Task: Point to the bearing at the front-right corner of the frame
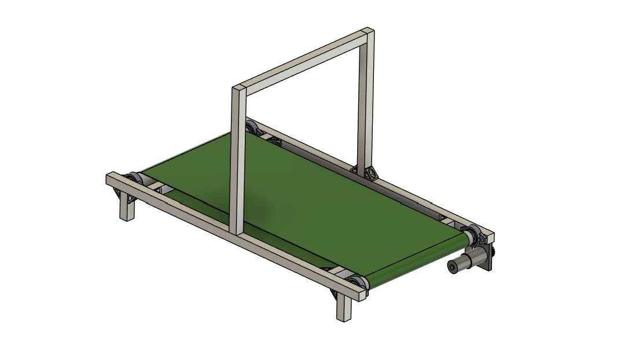(x=355, y=284)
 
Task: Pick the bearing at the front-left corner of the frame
(x=133, y=178)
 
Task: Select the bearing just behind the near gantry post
(x=251, y=127)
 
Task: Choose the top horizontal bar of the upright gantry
(x=301, y=61)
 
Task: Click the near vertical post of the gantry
(x=236, y=162)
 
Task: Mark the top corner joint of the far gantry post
(x=368, y=32)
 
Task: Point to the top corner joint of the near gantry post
(x=238, y=90)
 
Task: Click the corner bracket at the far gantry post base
(x=368, y=172)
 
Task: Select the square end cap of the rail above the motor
(x=490, y=237)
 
